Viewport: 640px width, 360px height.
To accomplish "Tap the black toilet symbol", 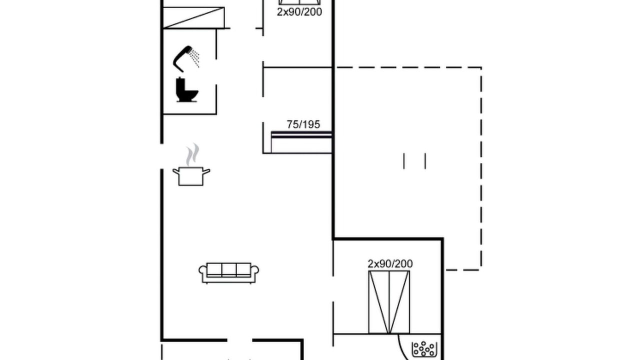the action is click(x=187, y=89).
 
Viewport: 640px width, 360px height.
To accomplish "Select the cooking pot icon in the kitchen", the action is click(x=191, y=176).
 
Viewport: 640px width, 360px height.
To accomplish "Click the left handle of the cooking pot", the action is click(x=175, y=171).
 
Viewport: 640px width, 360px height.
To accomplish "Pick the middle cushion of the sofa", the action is click(x=229, y=269).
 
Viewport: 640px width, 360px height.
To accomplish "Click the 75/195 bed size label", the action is click(x=303, y=124).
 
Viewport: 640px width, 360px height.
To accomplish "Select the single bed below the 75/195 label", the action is click(x=301, y=142).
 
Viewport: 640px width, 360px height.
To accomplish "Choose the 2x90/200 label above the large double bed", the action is click(x=390, y=263).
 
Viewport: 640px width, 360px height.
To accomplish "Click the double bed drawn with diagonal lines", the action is click(x=389, y=302).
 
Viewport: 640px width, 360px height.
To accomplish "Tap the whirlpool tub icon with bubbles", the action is click(x=424, y=349).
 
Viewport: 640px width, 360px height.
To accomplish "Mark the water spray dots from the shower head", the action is click(x=195, y=57).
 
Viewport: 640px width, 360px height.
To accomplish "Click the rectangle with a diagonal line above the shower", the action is click(x=193, y=17).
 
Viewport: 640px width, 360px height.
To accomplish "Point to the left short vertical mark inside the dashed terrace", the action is click(x=403, y=161).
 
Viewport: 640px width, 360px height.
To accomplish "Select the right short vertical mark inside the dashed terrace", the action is click(x=425, y=161).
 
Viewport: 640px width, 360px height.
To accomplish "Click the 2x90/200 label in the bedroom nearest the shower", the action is click(x=299, y=12).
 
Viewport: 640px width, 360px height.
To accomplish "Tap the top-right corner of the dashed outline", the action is click(x=481, y=67).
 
